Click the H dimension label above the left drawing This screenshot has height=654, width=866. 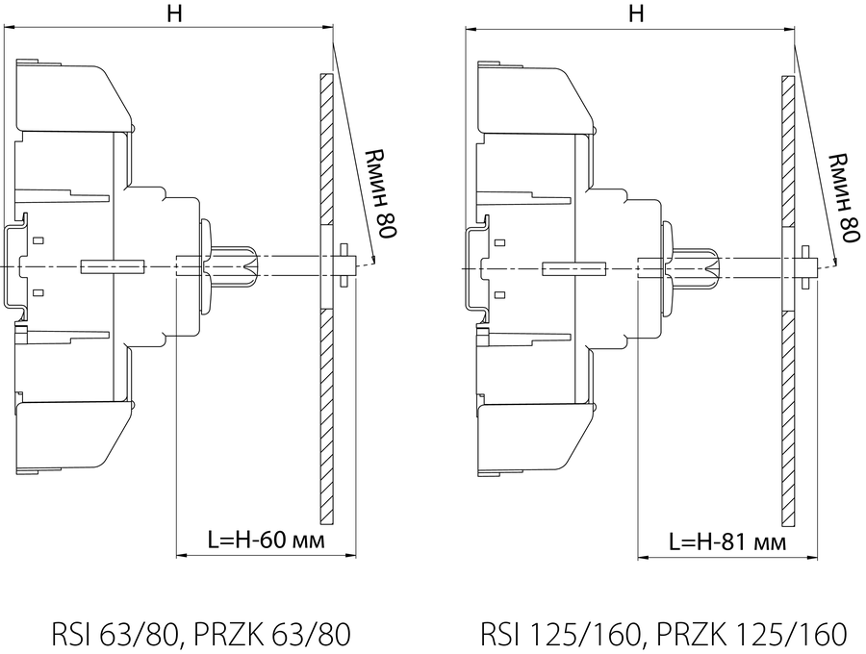point(174,13)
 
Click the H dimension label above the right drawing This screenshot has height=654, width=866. point(636,13)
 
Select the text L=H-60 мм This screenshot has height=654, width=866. point(267,540)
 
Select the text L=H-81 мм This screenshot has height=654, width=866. point(727,542)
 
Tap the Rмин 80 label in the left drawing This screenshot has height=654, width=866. point(380,193)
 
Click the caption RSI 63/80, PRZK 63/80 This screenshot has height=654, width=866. point(201,635)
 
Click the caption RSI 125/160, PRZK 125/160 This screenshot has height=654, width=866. point(663,635)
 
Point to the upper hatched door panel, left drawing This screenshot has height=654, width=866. point(327,149)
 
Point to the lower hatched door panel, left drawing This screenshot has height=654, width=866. point(327,416)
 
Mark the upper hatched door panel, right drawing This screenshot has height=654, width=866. point(788,152)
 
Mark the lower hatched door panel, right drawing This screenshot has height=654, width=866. point(788,418)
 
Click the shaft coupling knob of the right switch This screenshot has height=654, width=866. point(692,268)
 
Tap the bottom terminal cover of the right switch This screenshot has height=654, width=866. point(536,440)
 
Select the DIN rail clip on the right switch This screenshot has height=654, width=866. point(476,268)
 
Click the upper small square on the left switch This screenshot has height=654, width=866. point(38,240)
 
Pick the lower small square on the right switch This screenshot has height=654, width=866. point(499,294)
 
